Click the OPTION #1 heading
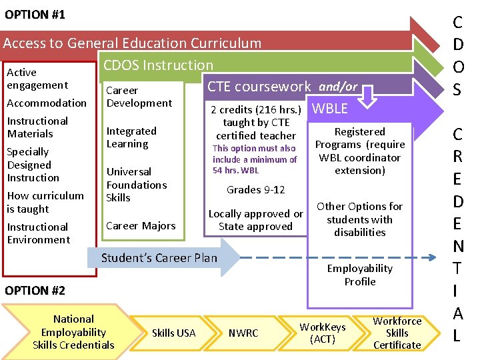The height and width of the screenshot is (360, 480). click(35, 15)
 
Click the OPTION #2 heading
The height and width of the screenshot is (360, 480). click(35, 291)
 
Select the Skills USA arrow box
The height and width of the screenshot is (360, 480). click(173, 333)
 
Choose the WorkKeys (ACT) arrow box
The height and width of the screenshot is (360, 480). click(322, 332)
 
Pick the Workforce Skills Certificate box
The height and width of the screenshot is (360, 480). click(397, 332)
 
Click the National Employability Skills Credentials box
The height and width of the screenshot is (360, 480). click(73, 331)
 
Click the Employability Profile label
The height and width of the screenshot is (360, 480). click(360, 275)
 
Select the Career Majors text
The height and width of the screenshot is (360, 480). click(141, 225)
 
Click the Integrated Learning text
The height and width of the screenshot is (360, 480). click(131, 137)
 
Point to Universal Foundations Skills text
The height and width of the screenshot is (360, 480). click(136, 185)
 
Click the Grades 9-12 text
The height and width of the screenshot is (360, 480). click(255, 189)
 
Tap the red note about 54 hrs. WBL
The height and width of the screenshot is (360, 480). click(254, 159)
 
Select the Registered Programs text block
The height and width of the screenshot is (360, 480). click(360, 151)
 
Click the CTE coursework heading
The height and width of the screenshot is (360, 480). click(259, 86)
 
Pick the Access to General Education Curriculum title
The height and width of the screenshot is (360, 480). click(132, 43)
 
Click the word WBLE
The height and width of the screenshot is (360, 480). click(329, 108)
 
